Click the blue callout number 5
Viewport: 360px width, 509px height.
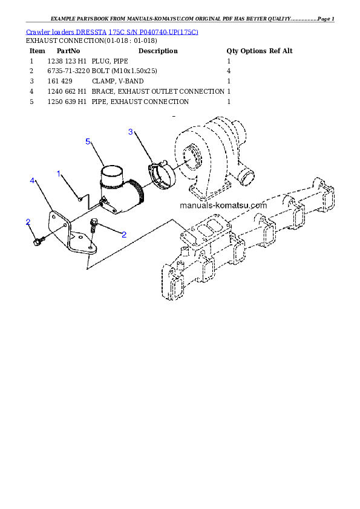click(88, 141)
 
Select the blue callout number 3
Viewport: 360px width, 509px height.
click(130, 132)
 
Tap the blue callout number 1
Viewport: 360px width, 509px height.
click(59, 174)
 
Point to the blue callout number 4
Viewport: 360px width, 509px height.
click(32, 181)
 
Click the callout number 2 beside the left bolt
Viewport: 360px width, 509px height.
click(28, 222)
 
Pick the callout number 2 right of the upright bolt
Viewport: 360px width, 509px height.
click(123, 235)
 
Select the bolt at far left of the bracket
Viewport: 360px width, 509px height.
click(38, 242)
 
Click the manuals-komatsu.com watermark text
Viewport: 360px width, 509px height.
click(223, 205)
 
